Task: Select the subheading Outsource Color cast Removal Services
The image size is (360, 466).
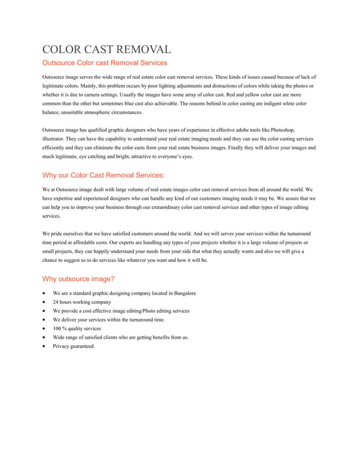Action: pyautogui.click(x=105, y=63)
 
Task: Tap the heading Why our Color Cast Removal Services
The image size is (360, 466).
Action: pyautogui.click(x=103, y=175)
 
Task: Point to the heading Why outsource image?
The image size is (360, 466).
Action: pyautogui.click(x=78, y=279)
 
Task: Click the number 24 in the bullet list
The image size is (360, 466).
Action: pyautogui.click(x=56, y=302)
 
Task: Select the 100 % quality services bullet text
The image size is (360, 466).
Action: pyautogui.click(x=77, y=329)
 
